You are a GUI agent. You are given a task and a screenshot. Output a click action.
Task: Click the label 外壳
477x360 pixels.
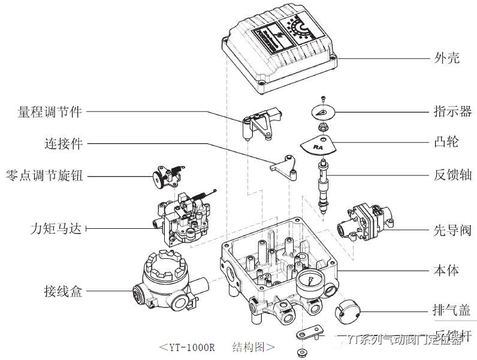446,58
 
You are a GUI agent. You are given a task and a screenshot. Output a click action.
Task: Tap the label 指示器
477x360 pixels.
452,111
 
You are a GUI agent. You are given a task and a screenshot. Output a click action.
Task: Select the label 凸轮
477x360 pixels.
446,142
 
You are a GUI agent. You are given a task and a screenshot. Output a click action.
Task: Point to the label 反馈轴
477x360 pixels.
452,176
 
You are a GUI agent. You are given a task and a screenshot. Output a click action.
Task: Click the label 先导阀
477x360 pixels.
452,230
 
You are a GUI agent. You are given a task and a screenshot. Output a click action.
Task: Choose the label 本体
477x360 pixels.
446,270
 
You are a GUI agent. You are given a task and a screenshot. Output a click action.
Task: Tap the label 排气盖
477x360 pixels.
452,310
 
